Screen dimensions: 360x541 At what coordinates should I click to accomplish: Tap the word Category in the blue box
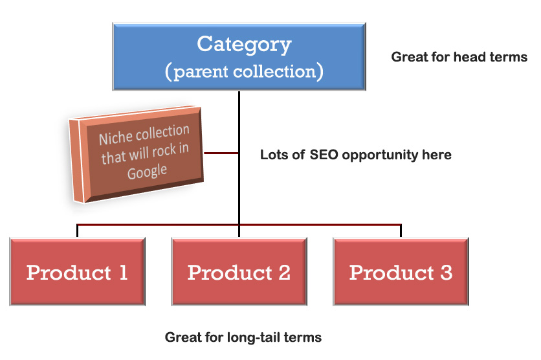pyautogui.click(x=244, y=44)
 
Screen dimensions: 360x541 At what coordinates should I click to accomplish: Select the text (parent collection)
pyautogui.click(x=244, y=71)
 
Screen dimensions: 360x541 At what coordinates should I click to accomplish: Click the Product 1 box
pyautogui.click(x=77, y=271)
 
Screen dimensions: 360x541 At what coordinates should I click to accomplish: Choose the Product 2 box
pyautogui.click(x=239, y=271)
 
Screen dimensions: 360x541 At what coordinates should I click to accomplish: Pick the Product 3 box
pyautogui.click(x=401, y=271)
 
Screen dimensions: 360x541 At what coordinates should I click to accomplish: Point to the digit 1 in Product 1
pyautogui.click(x=122, y=273)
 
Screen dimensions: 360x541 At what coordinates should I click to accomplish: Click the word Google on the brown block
pyautogui.click(x=147, y=172)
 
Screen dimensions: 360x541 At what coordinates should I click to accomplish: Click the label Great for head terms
pyautogui.click(x=459, y=57)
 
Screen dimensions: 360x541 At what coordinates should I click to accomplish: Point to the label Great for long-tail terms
pyautogui.click(x=243, y=337)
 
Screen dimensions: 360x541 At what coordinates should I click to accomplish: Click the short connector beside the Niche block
pyautogui.click(x=220, y=153)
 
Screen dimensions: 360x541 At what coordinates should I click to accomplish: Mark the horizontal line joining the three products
pyautogui.click(x=239, y=225)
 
